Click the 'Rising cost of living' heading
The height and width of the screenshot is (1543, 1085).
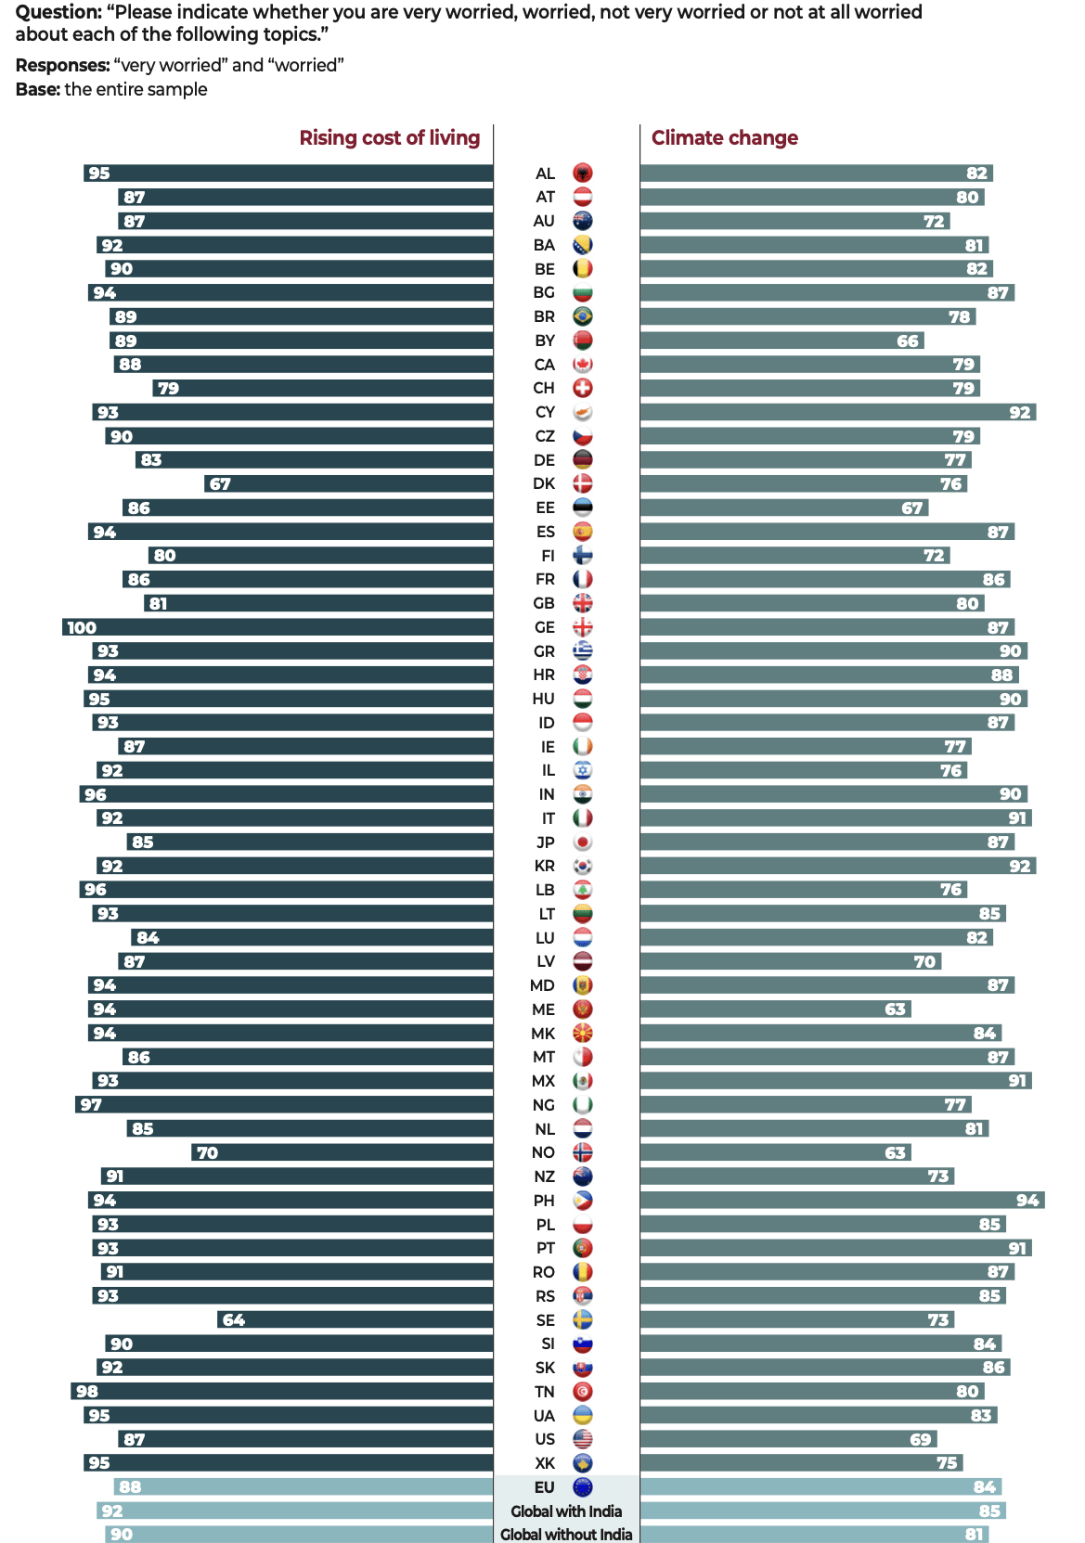[389, 138]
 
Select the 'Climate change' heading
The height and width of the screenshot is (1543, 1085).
[724, 138]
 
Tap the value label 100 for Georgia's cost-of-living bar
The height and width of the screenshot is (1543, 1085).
[82, 628]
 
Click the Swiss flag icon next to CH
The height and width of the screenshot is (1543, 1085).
[582, 389]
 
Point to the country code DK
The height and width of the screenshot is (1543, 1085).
[544, 484]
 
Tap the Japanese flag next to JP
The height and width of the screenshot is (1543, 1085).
[582, 842]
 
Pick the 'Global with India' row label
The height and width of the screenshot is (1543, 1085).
[566, 1511]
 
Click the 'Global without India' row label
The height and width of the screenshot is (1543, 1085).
[566, 1535]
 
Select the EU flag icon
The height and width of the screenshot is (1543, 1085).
[582, 1487]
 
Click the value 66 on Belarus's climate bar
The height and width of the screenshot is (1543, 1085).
[907, 341]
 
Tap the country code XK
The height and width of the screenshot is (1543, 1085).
[545, 1463]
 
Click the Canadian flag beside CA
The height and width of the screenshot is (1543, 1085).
[582, 365]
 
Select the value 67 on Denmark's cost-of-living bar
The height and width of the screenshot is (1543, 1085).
[220, 484]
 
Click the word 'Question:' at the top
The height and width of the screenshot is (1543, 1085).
[58, 12]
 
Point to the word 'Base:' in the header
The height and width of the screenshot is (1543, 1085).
[37, 90]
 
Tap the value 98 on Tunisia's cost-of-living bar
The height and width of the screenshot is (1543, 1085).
[87, 1392]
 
